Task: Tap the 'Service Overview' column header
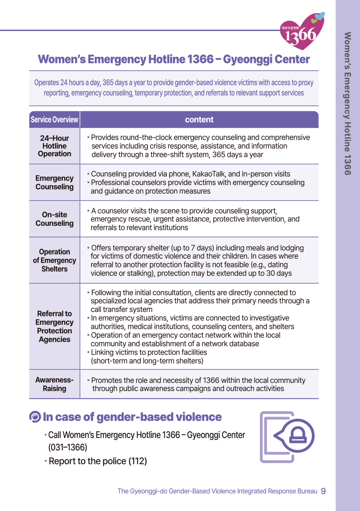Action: pos(54,120)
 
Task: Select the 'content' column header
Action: pos(199,120)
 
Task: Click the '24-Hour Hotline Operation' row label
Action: pos(54,146)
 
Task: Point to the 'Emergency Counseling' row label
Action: pos(54,182)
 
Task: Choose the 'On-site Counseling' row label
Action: pos(54,219)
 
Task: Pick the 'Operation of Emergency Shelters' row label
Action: pos(54,260)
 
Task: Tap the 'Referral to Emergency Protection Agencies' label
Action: pos(54,326)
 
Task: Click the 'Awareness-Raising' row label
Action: pos(54,384)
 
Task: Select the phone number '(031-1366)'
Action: pos(68,447)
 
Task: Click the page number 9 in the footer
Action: pos(323,491)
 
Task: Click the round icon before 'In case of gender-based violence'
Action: pos(35,417)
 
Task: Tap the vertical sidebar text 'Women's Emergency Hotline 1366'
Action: pos(347,103)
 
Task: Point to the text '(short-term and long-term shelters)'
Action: pos(147,361)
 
